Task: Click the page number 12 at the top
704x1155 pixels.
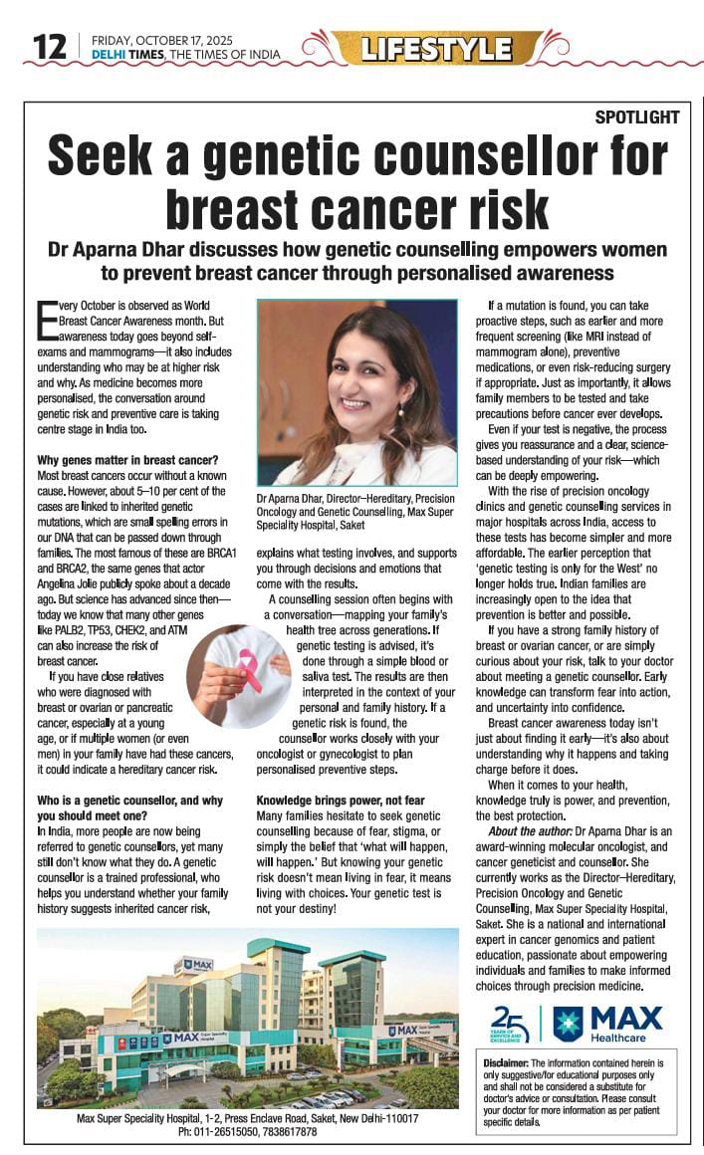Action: [49, 45]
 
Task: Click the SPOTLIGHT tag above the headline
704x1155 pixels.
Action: [637, 116]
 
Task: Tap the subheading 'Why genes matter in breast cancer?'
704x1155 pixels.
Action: [126, 460]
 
